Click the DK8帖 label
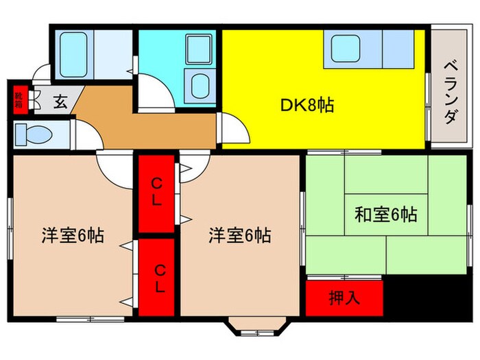[307, 106]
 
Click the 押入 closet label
[345, 298]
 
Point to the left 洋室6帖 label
[73, 236]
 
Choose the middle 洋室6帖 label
[239, 236]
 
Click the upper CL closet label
[157, 191]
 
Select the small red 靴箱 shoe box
[19, 99]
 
